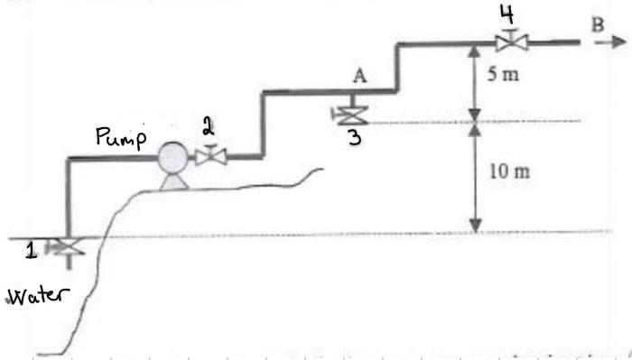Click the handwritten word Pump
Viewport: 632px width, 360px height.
(120, 138)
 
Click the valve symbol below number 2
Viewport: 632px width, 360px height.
(211, 157)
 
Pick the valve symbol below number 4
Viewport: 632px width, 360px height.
(513, 42)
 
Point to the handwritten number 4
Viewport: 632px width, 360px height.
(507, 13)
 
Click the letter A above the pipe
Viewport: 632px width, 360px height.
(359, 78)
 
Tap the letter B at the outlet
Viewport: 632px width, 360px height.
(596, 24)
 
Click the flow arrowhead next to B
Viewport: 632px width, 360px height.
(617, 42)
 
